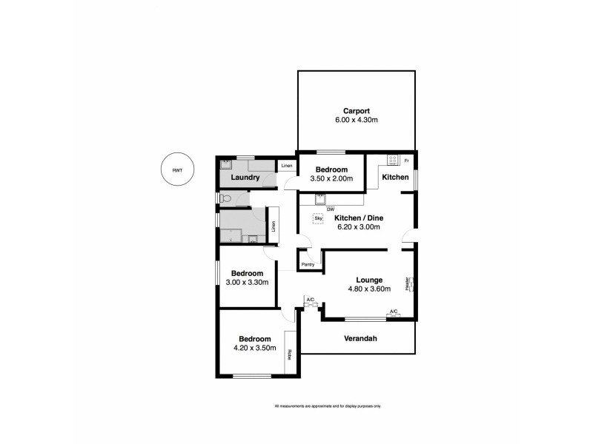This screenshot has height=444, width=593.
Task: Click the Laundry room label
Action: tap(245, 178)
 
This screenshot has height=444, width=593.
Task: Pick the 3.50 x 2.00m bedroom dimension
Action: tap(331, 178)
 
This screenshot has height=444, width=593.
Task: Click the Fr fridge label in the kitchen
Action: tap(406, 160)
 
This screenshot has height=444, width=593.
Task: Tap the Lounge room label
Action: tap(368, 280)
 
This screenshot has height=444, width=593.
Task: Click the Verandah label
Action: tap(361, 339)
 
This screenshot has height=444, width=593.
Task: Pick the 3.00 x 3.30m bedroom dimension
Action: tap(247, 281)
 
